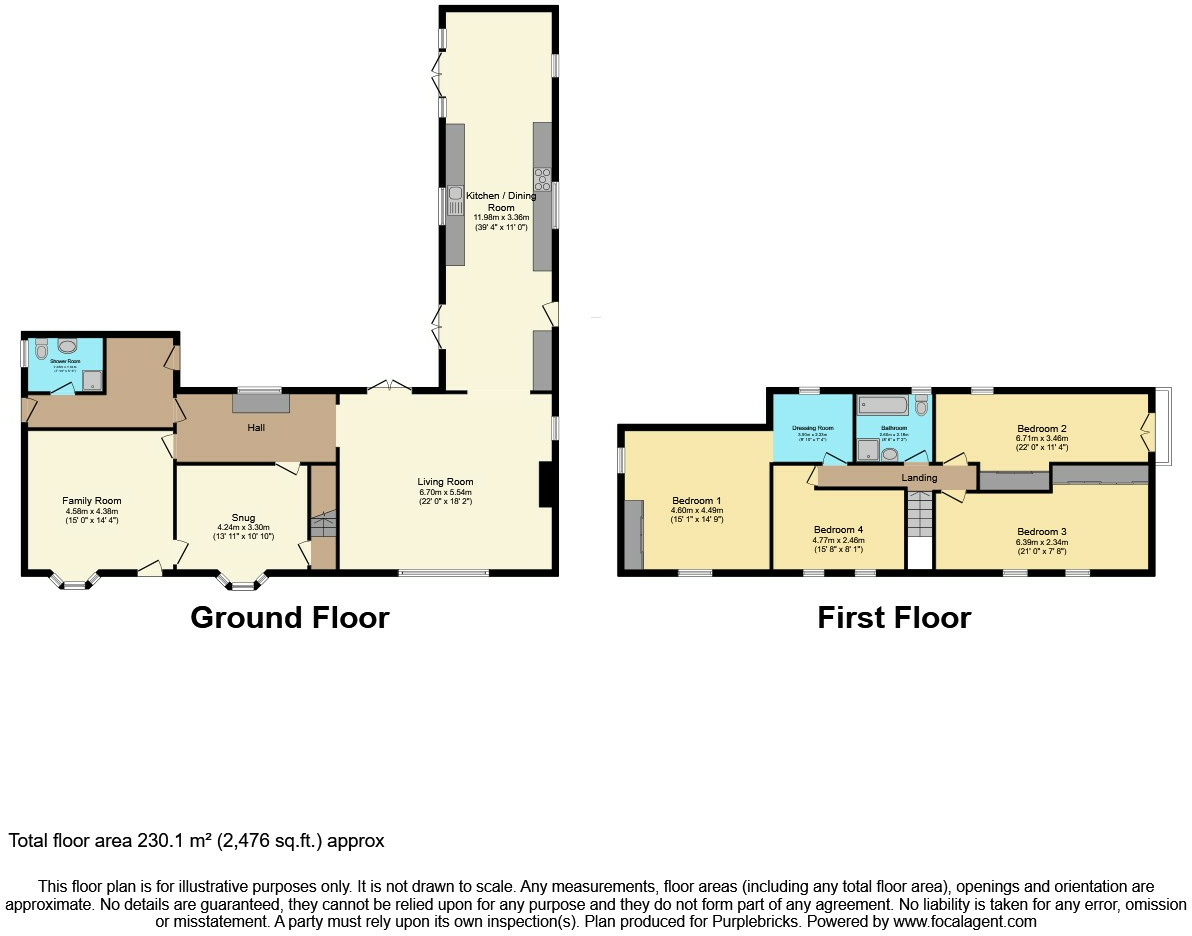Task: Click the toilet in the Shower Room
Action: (x=41, y=350)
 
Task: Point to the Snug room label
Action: (x=242, y=518)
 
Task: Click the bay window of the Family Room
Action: (x=75, y=581)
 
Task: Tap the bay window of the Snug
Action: (x=242, y=581)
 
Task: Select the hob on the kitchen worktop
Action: (x=543, y=179)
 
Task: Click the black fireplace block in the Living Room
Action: (x=545, y=484)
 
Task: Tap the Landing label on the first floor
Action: (x=919, y=478)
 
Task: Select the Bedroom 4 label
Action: (x=838, y=530)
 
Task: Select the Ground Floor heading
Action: (x=289, y=618)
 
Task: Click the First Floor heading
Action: (x=894, y=618)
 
